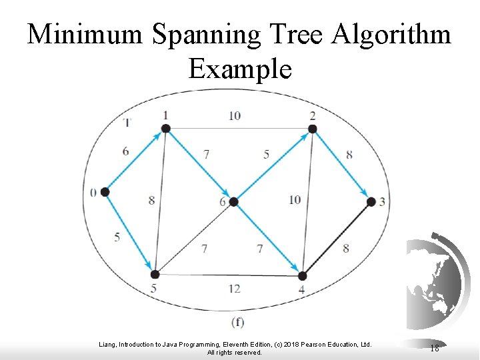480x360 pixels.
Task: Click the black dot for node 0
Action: (105, 192)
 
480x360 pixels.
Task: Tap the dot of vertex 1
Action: (166, 128)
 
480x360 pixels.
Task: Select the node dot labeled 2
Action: (312, 128)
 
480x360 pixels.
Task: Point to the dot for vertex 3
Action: (371, 201)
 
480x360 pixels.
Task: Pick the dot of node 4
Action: (302, 275)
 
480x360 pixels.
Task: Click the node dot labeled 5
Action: (155, 274)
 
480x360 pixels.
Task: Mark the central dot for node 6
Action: (233, 201)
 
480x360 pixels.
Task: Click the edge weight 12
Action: (234, 289)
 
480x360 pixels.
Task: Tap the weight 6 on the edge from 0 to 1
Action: (126, 151)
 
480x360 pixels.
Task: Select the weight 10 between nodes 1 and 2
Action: (234, 115)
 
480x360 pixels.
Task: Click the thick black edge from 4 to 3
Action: (337, 238)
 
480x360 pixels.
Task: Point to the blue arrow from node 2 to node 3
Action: (341, 165)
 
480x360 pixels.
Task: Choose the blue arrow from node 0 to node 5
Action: (130, 233)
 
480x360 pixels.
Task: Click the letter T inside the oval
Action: (127, 122)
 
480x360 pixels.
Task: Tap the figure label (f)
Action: (237, 323)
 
